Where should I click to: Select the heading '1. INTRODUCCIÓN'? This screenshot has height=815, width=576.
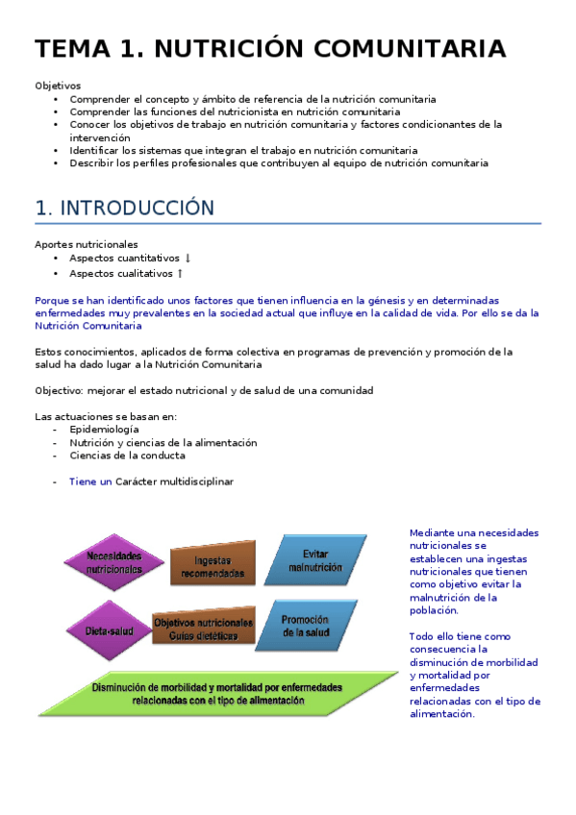coord(124,208)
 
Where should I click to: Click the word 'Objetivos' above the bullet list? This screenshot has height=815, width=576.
coord(58,86)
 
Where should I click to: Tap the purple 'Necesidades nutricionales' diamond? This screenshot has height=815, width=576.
coord(114,562)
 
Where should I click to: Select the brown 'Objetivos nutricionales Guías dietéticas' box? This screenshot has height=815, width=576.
coord(204,629)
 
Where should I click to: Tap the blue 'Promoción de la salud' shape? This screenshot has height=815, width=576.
coord(306,627)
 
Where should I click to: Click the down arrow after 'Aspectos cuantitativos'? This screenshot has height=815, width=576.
coord(188,259)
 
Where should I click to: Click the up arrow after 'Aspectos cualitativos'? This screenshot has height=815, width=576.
coord(180,273)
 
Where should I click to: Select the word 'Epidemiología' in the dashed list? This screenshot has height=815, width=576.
coord(104,430)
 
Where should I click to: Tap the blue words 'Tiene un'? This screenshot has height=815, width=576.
coord(90,482)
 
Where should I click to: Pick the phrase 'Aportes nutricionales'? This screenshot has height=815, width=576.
coord(86,244)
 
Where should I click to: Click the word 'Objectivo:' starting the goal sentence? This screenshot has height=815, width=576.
coord(59,390)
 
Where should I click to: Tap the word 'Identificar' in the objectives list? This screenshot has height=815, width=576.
coord(97,150)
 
